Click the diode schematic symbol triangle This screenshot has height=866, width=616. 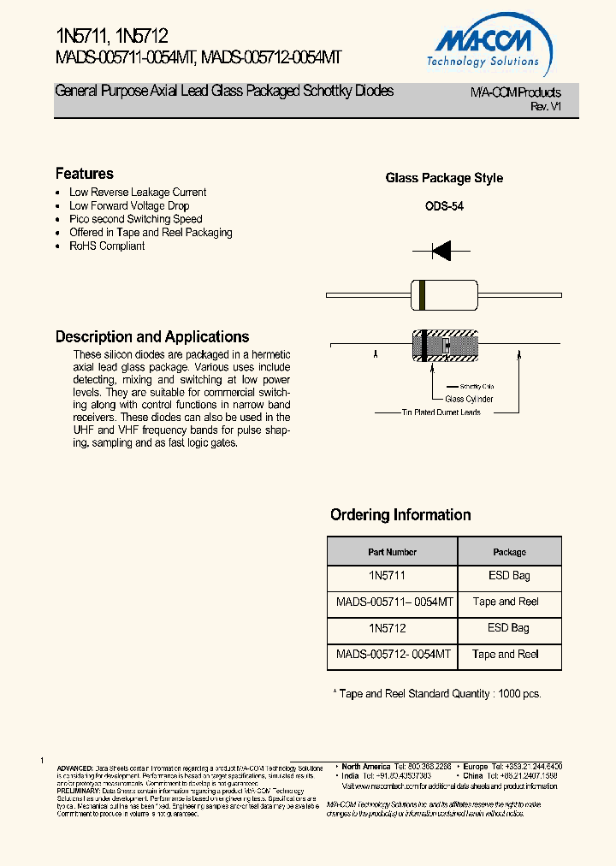[441, 251]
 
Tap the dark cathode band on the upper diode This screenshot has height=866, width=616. [421, 294]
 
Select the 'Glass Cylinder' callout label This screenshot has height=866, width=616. [468, 399]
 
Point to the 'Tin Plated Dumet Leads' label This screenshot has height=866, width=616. [441, 412]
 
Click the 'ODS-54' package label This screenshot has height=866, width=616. [444, 206]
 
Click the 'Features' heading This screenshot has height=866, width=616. [84, 174]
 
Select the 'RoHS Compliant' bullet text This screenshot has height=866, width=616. [107, 246]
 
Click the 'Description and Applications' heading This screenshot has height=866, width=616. [152, 337]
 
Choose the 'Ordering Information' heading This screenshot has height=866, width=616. [400, 515]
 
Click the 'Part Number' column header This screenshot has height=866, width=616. [392, 552]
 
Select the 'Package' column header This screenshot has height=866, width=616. [509, 552]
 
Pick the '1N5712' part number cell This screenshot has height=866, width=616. [392, 628]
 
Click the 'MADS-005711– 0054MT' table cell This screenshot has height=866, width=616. [392, 602]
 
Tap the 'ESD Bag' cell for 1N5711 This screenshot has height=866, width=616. [509, 576]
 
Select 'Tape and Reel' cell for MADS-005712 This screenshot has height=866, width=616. [509, 654]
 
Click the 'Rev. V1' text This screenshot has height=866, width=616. [546, 106]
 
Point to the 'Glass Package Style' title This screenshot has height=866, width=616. [444, 179]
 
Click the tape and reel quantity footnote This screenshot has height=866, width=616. [436, 694]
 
